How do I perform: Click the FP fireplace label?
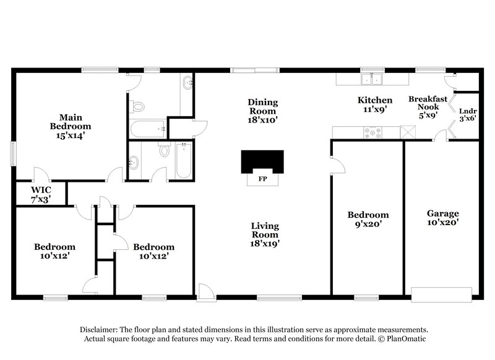pyautogui.click(x=262, y=181)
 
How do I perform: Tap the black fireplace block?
pyautogui.click(x=262, y=161)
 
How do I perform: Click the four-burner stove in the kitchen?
pyautogui.click(x=373, y=132)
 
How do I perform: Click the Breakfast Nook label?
pyautogui.click(x=424, y=103)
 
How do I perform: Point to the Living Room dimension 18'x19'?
pyautogui.click(x=264, y=243)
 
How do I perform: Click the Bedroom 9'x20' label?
pyautogui.click(x=368, y=220)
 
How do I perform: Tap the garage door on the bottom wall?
pyautogui.click(x=443, y=294)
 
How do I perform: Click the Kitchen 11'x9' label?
pyautogui.click(x=375, y=105)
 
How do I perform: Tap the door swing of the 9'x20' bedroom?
pyautogui.click(x=338, y=163)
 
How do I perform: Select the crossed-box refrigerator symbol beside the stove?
pyautogui.click(x=407, y=132)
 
